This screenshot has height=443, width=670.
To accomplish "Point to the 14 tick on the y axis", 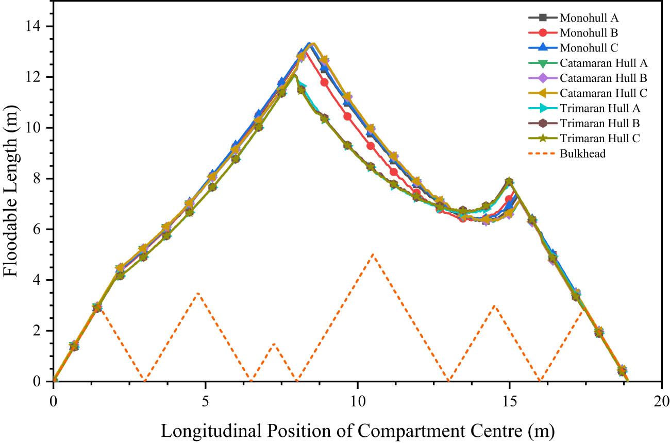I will click(x=37, y=26).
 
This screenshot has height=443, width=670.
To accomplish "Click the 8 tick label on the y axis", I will click(x=41, y=179).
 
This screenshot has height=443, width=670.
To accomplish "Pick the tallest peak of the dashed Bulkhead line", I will click(x=373, y=254).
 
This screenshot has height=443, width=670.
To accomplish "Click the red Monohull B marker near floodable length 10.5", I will click(x=347, y=116).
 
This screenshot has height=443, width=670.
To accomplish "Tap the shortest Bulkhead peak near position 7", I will click(x=274, y=344).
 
